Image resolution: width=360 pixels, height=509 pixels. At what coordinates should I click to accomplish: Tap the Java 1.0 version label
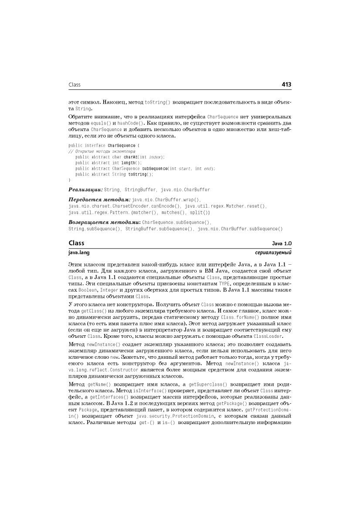click(282, 243)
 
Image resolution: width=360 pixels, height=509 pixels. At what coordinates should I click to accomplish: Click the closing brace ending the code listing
click(70, 179)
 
